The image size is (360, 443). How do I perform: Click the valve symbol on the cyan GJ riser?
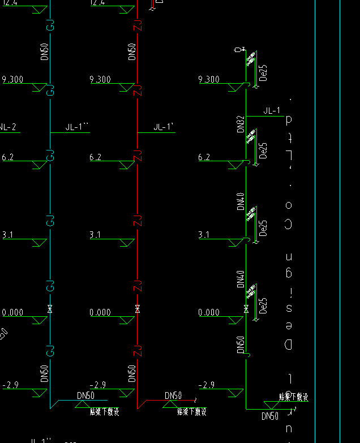50,309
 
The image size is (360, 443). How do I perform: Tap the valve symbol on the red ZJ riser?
137,309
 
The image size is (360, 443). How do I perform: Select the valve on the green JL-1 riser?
246,309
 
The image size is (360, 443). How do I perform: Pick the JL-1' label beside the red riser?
164,127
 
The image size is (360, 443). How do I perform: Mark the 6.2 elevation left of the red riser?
96,157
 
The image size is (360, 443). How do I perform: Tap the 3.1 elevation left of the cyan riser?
8,235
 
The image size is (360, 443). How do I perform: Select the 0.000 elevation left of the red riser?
100,312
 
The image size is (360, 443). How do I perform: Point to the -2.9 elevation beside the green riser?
207,385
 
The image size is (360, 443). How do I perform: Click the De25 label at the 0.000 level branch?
263,305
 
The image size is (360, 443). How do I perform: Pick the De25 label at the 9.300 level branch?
263,72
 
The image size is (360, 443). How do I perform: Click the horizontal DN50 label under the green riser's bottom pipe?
270,416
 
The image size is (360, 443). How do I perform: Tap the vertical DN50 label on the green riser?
241,345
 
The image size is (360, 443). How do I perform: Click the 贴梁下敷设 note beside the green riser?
293,397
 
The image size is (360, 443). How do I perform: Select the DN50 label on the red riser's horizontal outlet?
173,395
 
